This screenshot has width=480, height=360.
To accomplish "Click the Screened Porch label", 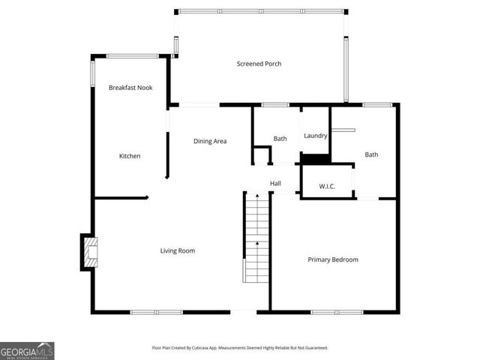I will [259, 64].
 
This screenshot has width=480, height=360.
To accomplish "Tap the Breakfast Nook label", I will [130, 88].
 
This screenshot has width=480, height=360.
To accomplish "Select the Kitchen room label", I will [130, 156].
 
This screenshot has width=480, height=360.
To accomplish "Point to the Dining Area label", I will [210, 141].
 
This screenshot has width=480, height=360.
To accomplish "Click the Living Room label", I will [178, 250].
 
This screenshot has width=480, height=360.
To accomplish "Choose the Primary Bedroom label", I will [333, 259].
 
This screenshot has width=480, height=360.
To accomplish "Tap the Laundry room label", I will [315, 136].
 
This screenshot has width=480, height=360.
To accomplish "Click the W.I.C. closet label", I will [326, 186].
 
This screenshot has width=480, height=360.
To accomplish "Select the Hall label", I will [275, 183].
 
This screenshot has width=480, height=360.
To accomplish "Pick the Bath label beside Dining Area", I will [280, 139].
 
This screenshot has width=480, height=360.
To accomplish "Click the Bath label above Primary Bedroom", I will [371, 154].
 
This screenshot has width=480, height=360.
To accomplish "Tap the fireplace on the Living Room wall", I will [88, 253].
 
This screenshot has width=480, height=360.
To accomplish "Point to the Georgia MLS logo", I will [27, 350].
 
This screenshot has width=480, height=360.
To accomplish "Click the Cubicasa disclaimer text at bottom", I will [240, 348].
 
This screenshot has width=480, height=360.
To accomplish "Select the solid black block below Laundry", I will [315, 158].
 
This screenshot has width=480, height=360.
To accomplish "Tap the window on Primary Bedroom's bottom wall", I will [337, 311].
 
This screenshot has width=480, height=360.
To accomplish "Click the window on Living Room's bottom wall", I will [156, 311].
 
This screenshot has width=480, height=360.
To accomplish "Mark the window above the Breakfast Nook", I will [131, 55].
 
